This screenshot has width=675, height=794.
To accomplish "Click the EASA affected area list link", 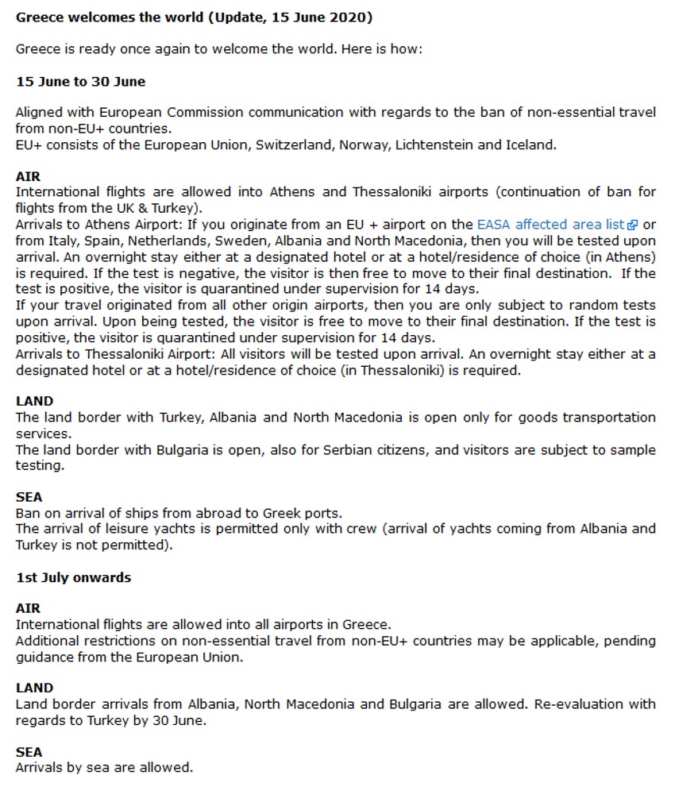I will [550, 225].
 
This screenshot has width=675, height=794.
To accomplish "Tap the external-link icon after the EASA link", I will [633, 225].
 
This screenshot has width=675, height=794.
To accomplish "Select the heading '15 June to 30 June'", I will [80, 82].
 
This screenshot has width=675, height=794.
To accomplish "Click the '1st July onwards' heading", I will [73, 578].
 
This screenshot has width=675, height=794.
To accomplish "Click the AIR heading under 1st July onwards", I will [28, 608].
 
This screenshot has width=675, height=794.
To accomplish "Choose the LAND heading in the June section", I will [35, 402].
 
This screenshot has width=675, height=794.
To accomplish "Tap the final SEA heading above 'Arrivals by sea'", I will [29, 752].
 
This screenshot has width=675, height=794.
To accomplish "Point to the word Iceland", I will [530, 145].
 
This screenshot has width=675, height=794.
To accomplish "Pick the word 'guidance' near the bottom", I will [44, 657].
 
